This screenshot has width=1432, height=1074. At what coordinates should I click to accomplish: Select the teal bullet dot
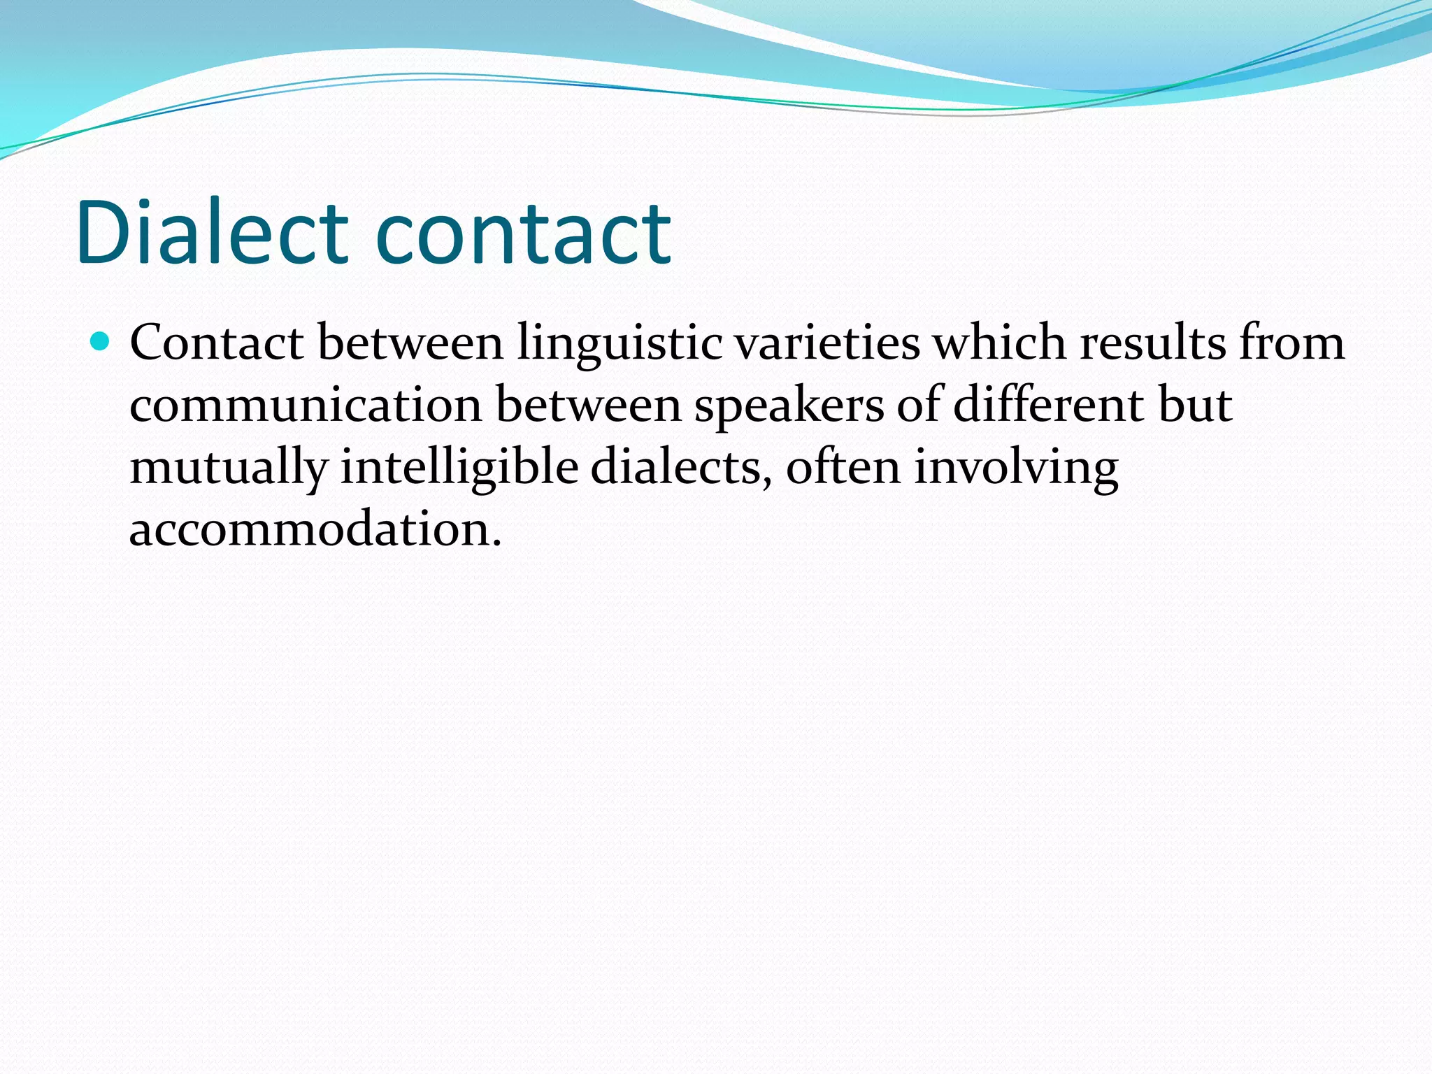pyautogui.click(x=101, y=342)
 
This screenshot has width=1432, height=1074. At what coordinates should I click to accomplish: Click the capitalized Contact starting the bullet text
pyautogui.click(x=217, y=343)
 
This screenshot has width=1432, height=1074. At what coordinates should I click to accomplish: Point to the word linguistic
pyautogui.click(x=620, y=343)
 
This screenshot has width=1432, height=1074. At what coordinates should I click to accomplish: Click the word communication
pyautogui.click(x=306, y=406)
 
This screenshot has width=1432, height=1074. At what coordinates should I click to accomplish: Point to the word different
pyautogui.click(x=1049, y=406)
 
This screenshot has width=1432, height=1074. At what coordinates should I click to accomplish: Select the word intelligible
pyautogui.click(x=459, y=468)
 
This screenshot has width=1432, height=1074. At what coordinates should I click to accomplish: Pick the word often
pyautogui.click(x=843, y=468)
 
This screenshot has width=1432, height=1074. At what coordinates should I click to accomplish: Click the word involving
pyautogui.click(x=1016, y=468)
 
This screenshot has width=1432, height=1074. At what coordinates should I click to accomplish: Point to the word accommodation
pyautogui.click(x=315, y=529)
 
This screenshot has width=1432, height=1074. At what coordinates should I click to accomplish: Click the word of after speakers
pyautogui.click(x=919, y=406)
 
